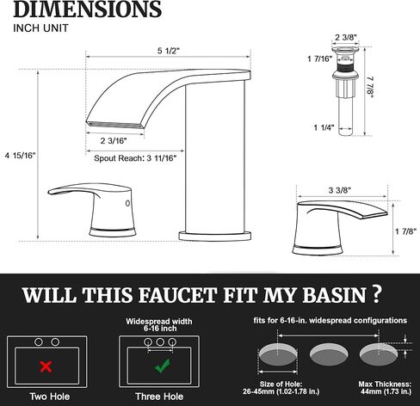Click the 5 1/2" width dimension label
click(x=168, y=51)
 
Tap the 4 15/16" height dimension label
click(x=20, y=156)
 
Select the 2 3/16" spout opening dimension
click(x=114, y=141)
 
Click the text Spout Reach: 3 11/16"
click(x=135, y=158)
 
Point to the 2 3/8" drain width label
click(x=346, y=37)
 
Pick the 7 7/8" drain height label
click(x=370, y=87)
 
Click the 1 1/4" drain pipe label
click(x=324, y=127)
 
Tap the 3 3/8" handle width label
click(x=340, y=190)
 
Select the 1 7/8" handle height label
click(x=405, y=231)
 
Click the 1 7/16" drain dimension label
click(x=319, y=59)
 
